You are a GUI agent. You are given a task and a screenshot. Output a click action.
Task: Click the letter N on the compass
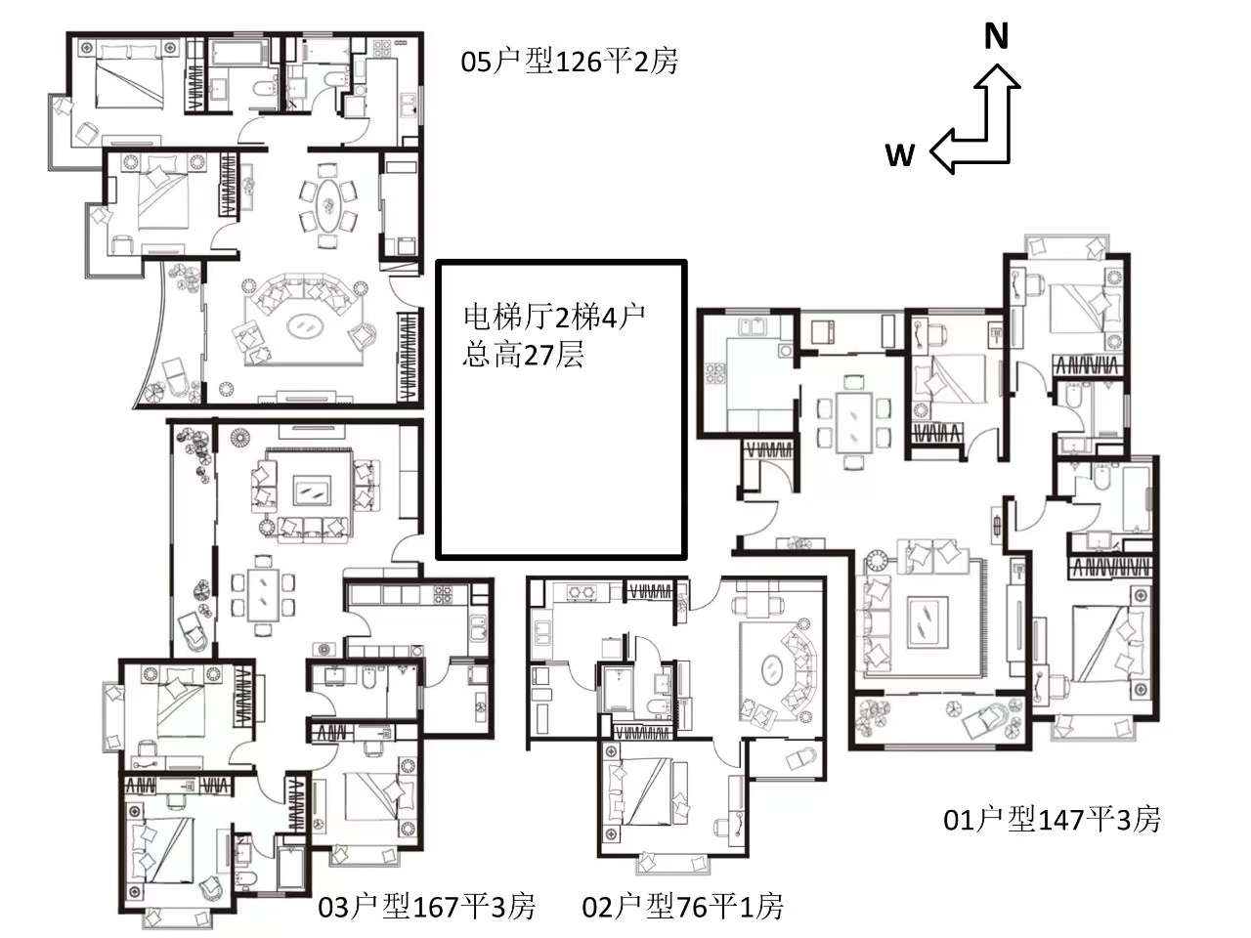(996, 35)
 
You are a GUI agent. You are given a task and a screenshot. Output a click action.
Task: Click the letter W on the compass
(900, 154)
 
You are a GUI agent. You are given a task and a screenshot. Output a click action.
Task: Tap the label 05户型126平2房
(570, 62)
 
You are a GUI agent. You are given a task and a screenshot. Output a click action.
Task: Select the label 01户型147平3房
(1052, 820)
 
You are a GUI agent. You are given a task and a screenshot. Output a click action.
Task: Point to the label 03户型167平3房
(427, 908)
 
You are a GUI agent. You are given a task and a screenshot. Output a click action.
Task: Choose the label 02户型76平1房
(683, 908)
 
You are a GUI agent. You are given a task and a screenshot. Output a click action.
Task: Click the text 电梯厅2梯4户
(554, 318)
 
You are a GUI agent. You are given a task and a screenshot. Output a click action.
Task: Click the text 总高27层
(523, 356)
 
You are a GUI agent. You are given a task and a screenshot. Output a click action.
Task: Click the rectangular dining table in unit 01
(853, 422)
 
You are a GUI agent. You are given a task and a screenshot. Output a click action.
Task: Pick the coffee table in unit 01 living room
(927, 621)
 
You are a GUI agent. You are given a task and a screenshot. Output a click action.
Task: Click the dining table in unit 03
(263, 595)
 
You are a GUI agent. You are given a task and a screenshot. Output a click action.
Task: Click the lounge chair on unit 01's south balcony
(983, 718)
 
